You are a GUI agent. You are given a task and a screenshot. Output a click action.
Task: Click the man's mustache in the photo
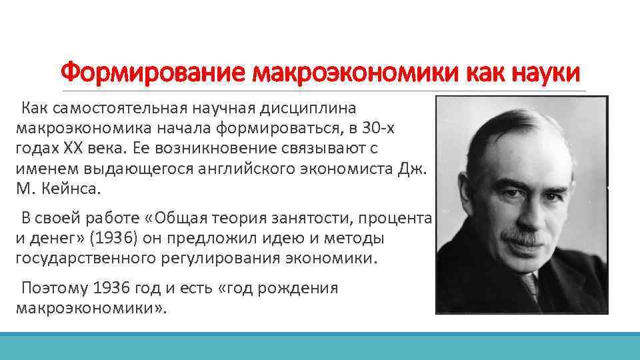tap(525, 235)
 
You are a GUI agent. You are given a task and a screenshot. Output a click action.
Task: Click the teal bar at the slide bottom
tap(320, 346)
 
